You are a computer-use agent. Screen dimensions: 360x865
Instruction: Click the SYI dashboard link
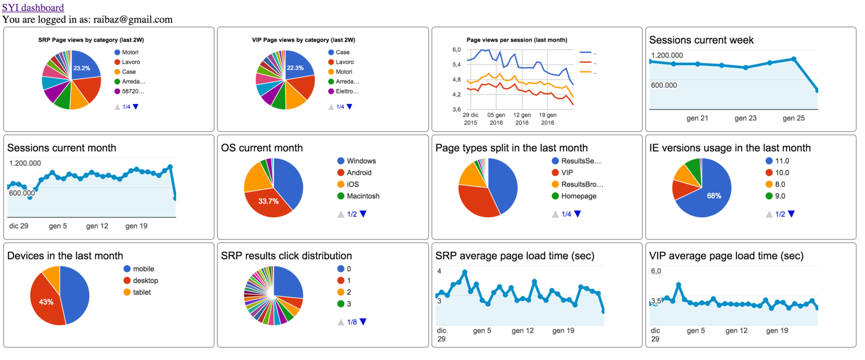(x=32, y=8)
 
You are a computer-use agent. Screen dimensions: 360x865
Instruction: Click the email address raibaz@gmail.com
(x=133, y=19)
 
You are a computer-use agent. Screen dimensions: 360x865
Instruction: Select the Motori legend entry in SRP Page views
(x=130, y=52)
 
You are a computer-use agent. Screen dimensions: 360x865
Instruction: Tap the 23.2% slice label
(x=82, y=68)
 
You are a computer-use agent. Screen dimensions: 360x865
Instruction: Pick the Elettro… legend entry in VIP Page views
(x=347, y=91)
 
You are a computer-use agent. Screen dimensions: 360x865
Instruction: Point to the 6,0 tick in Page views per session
(x=457, y=50)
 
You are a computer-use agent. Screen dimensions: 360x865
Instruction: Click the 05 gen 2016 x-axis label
(x=496, y=119)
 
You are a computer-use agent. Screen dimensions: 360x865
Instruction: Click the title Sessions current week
(x=701, y=40)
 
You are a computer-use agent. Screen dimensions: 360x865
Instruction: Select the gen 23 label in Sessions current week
(x=746, y=118)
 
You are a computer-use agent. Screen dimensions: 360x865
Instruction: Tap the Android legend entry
(x=358, y=172)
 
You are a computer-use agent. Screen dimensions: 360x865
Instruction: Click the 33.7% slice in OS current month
(x=268, y=201)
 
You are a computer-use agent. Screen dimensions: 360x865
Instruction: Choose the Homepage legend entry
(x=578, y=196)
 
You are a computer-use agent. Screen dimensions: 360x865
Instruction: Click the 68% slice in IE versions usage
(x=714, y=196)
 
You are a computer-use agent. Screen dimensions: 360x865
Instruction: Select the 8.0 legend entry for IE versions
(x=780, y=184)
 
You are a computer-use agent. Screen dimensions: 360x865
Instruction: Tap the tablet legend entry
(x=142, y=292)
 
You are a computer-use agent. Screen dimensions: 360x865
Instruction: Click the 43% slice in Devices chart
(x=46, y=302)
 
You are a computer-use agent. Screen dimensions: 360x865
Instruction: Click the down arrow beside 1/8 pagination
(x=363, y=322)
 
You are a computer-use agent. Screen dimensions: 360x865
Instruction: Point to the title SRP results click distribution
(x=287, y=256)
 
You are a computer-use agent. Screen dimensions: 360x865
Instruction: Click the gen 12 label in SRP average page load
(x=523, y=330)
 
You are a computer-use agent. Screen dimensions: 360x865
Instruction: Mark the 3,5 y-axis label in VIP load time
(x=656, y=301)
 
